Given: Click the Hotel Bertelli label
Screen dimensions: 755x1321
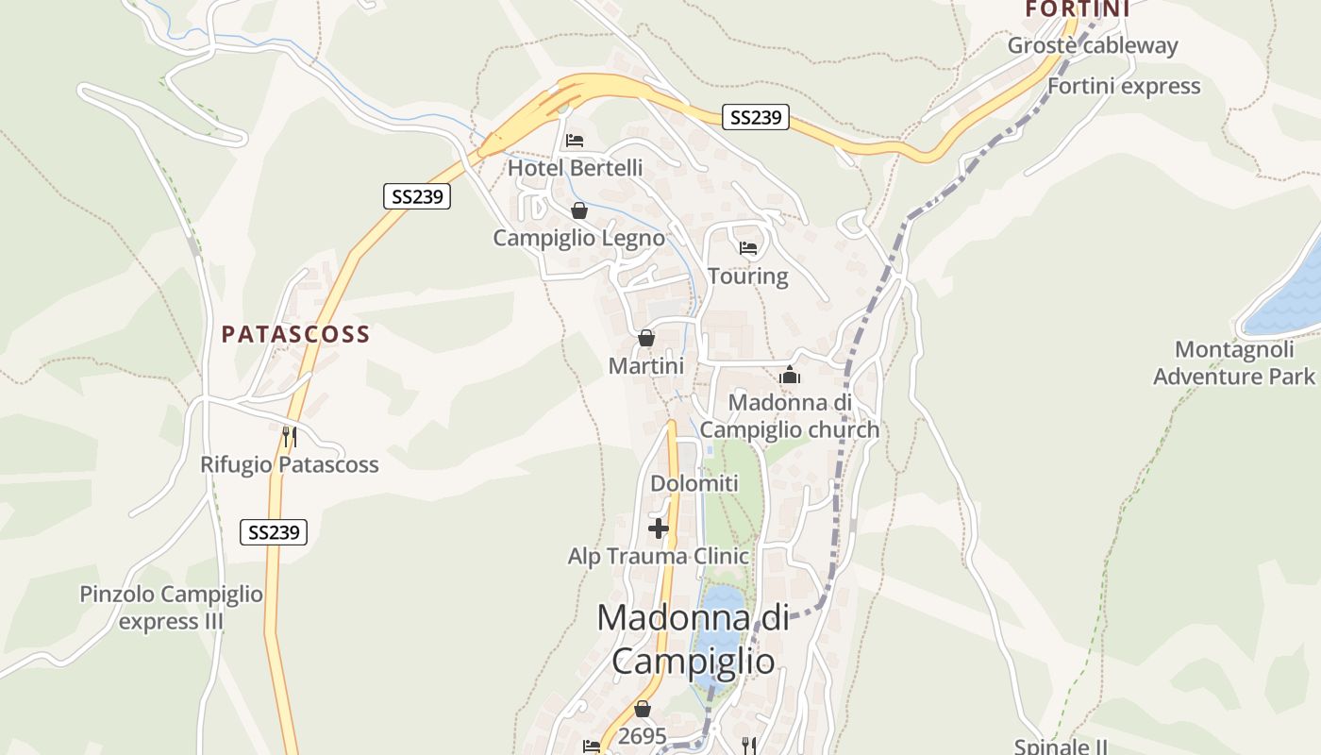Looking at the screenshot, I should tap(575, 168).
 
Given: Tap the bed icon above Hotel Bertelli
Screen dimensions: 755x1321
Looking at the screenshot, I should tap(575, 141).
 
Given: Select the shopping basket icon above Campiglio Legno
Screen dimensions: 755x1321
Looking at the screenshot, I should tap(579, 210).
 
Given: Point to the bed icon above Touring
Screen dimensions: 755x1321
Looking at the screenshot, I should tap(748, 248).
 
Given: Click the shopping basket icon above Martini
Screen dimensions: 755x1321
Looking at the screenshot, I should tap(646, 338).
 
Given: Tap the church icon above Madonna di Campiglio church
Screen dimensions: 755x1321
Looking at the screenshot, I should tap(790, 376).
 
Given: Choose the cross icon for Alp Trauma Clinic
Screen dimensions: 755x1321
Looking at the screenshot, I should tap(659, 528).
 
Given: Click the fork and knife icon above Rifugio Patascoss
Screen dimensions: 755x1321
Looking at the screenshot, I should tap(290, 436).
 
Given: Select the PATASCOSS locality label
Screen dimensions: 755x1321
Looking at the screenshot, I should tap(295, 334).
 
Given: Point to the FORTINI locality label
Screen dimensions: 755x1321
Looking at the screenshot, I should tap(1078, 9).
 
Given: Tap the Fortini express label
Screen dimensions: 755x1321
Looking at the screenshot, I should tap(1124, 86).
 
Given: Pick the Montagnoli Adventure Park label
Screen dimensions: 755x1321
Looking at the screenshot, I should tap(1234, 363).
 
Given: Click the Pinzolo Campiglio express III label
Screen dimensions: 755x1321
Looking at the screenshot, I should tap(171, 608).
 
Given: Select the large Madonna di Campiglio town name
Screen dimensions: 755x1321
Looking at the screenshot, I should tap(693, 639).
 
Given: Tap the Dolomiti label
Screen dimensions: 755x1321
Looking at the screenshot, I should tap(694, 484).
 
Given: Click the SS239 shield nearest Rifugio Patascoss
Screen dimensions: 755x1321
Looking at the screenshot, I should tap(274, 532).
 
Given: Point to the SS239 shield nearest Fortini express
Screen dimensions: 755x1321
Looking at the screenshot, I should tap(756, 117).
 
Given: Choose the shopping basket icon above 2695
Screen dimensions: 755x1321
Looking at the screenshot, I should tap(643, 709).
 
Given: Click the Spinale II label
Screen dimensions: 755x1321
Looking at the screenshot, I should tap(1061, 747).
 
